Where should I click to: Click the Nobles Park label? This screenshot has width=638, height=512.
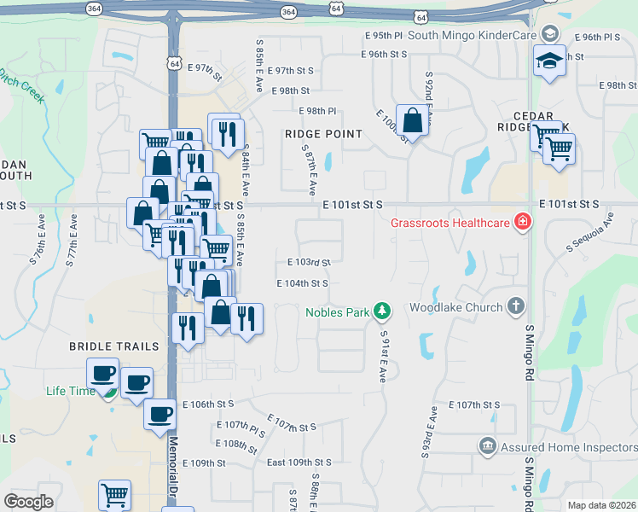click(338, 311)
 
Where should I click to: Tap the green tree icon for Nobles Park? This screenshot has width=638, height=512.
click(383, 311)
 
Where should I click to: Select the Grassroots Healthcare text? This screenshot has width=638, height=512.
click(449, 224)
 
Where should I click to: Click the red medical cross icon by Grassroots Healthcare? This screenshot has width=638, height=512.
click(521, 224)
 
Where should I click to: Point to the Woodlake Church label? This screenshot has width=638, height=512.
click(455, 306)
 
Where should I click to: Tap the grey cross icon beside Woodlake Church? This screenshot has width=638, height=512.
click(515, 305)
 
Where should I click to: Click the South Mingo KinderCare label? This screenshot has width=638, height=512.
click(471, 35)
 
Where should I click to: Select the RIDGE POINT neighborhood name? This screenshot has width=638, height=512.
click(324, 134)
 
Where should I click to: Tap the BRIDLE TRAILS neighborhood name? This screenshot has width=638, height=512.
click(114, 346)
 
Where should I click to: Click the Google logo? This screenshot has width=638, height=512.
click(28, 502)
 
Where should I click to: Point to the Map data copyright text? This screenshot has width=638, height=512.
click(601, 505)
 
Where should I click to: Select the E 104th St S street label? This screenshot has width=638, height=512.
click(302, 282)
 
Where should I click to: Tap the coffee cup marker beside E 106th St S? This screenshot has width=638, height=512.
click(159, 415)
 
